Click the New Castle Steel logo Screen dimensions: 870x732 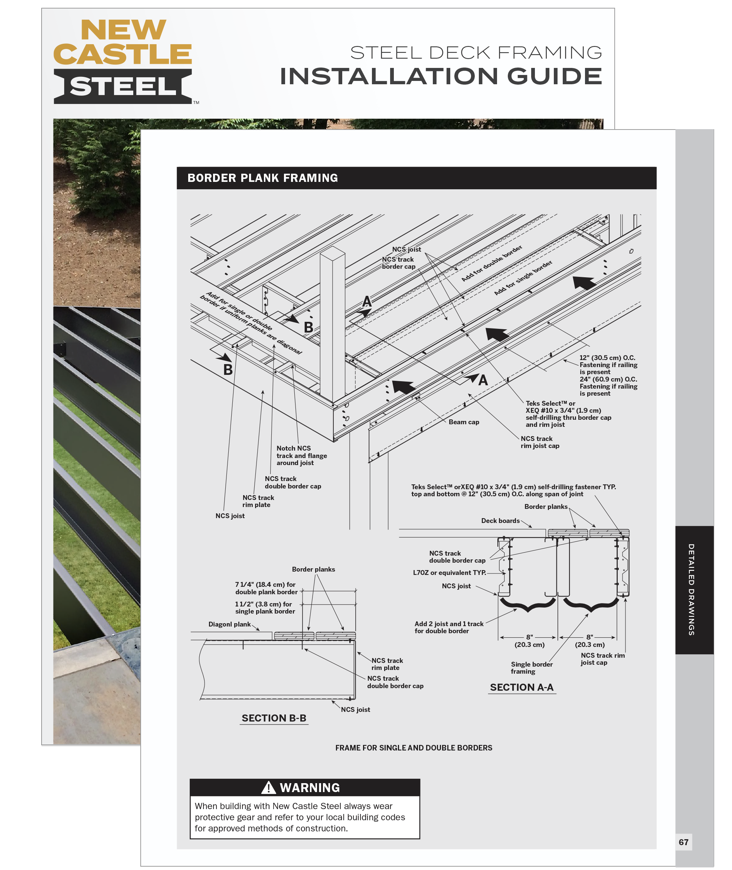pos(123,61)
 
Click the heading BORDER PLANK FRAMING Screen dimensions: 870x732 pos(262,178)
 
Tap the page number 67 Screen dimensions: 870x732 pos(683,842)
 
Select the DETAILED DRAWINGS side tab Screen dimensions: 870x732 pos(691,589)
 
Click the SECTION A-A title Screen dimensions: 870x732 pos(522,687)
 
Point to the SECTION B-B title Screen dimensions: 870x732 pos(274,718)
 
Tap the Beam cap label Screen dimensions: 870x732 pos(464,422)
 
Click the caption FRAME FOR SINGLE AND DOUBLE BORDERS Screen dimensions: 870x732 pos(414,748)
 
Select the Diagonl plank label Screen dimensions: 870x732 pos(229,624)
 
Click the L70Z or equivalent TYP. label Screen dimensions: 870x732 pos(450,573)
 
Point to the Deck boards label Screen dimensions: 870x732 pos(500,521)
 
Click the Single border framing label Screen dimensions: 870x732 pos(531,668)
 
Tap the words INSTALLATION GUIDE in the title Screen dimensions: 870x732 pos(441,76)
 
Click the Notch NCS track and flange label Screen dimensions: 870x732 pos(302,455)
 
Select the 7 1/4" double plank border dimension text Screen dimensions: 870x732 pos(266,588)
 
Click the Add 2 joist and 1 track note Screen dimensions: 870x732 pos(448,627)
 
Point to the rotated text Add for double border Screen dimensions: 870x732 pos(492,264)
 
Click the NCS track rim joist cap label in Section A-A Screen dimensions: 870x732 pos(602,659)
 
